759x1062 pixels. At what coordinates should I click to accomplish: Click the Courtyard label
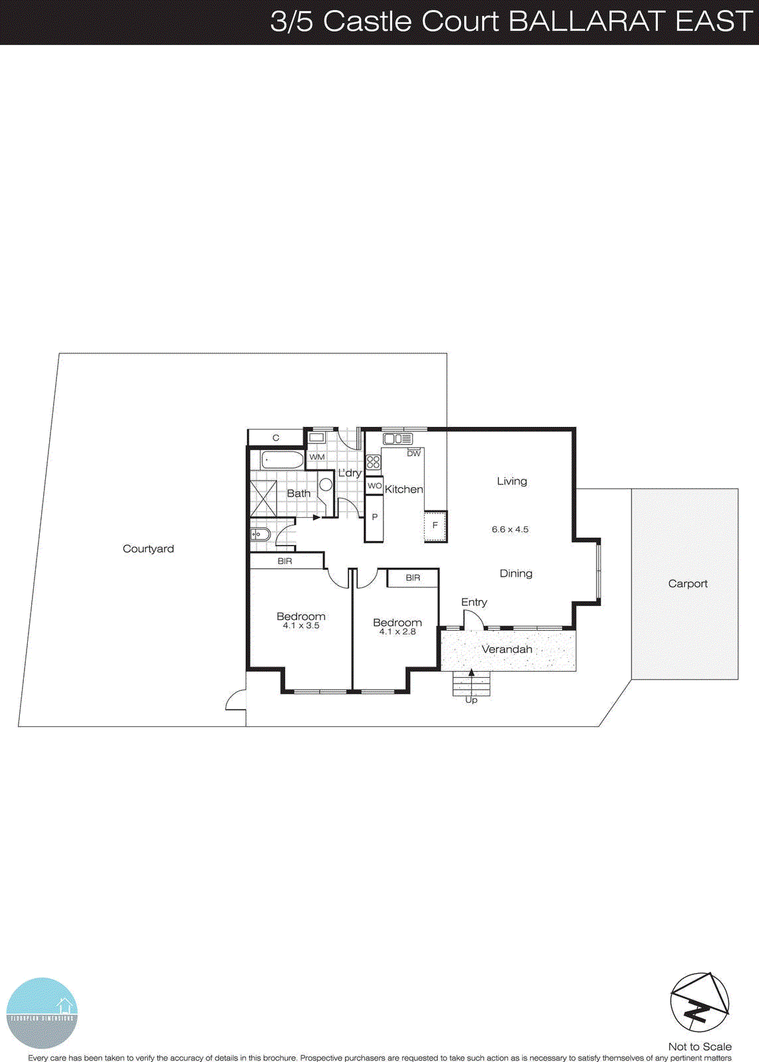tap(148, 549)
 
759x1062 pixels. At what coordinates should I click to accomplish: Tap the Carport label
tap(687, 583)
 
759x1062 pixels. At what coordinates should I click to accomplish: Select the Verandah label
tap(507, 649)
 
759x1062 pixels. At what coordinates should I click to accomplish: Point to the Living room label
tap(512, 481)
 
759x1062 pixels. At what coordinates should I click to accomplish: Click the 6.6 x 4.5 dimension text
tap(510, 530)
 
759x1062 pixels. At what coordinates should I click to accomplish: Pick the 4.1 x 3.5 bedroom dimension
tap(301, 626)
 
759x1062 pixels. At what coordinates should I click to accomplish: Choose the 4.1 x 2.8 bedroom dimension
tap(397, 632)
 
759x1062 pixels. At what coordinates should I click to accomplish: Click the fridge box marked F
tap(435, 525)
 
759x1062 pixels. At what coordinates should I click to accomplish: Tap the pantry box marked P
tap(374, 518)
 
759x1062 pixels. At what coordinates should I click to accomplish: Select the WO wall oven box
tap(374, 486)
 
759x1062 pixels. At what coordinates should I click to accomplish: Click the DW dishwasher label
tap(414, 453)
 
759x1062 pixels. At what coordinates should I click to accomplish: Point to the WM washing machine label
tap(317, 457)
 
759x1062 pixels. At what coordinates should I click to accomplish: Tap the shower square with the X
tap(263, 498)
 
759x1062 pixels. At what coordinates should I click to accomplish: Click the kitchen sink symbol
tap(397, 439)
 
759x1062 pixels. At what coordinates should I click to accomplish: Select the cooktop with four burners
tap(374, 462)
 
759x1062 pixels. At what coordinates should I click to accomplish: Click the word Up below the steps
tap(471, 700)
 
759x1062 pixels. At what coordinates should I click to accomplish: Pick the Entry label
tap(474, 602)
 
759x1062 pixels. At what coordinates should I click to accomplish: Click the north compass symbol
tap(699, 1002)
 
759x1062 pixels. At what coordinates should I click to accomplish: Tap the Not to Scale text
tap(699, 1047)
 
